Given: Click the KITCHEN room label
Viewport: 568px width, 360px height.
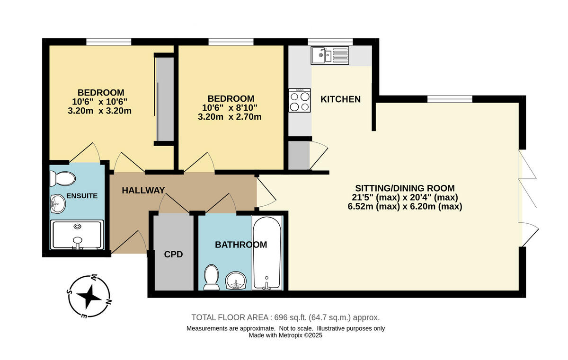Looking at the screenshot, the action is (340, 99).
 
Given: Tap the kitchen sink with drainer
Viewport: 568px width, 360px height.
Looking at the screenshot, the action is (330, 55).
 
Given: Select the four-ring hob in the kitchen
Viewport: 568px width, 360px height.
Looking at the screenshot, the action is (300, 100).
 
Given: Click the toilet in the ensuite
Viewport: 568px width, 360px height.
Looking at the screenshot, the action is (62, 179).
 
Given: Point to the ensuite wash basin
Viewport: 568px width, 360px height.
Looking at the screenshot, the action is (58, 204).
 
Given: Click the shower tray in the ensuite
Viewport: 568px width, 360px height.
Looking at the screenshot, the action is (77, 235).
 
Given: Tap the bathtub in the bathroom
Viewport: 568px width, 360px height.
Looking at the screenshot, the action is (267, 253).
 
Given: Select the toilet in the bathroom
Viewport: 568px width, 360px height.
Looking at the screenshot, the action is (212, 277).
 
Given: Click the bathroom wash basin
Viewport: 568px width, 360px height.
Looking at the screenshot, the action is (235, 281).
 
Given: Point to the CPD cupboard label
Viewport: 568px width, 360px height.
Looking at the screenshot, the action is (173, 255).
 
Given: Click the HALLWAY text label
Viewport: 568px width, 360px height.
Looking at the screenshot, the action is (143, 191).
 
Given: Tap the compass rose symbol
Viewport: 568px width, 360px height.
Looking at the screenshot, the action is (89, 297).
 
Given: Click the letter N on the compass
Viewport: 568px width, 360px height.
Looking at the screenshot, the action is (108, 302).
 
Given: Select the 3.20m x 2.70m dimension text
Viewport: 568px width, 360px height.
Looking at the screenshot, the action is (230, 117).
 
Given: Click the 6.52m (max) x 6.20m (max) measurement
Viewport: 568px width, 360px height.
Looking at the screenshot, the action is (405, 206).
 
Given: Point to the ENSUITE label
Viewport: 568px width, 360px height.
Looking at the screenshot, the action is (82, 196).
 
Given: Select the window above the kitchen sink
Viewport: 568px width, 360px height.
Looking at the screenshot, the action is (330, 42).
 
